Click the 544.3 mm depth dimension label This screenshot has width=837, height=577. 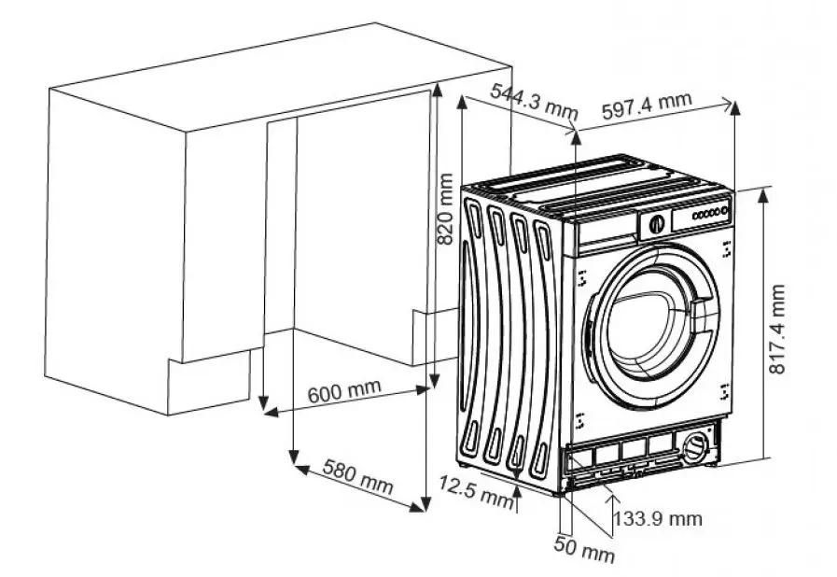[535, 101]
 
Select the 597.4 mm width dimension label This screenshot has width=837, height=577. [647, 106]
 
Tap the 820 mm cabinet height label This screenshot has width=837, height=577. [445, 209]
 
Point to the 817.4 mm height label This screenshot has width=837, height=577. [777, 329]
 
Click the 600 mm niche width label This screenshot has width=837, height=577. [344, 391]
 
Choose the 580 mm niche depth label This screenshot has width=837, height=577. [357, 476]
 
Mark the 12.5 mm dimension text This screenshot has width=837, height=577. [476, 491]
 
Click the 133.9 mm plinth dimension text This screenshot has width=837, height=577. [657, 517]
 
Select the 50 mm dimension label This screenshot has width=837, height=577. [584, 550]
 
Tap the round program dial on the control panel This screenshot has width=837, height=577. [657, 223]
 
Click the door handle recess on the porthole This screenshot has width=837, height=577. [702, 316]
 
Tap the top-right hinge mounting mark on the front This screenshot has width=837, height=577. [727, 249]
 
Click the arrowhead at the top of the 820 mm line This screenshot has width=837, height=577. [438, 90]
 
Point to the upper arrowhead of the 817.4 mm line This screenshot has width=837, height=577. [763, 195]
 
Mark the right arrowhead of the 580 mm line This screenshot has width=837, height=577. [417, 506]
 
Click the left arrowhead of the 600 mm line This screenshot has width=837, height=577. [272, 412]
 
